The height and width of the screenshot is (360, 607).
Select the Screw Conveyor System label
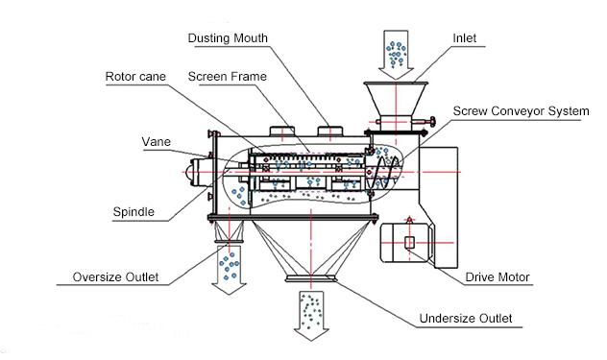521,111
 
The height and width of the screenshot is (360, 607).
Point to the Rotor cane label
136,75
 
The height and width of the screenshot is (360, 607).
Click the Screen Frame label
227,75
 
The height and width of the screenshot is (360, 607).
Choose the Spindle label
132,209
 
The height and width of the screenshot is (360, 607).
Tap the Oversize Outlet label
115,278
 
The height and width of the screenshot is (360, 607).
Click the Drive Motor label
498,277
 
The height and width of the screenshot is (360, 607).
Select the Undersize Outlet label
466,318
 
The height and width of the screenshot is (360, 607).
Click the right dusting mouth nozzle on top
332,131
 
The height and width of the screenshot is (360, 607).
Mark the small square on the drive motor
409,242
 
